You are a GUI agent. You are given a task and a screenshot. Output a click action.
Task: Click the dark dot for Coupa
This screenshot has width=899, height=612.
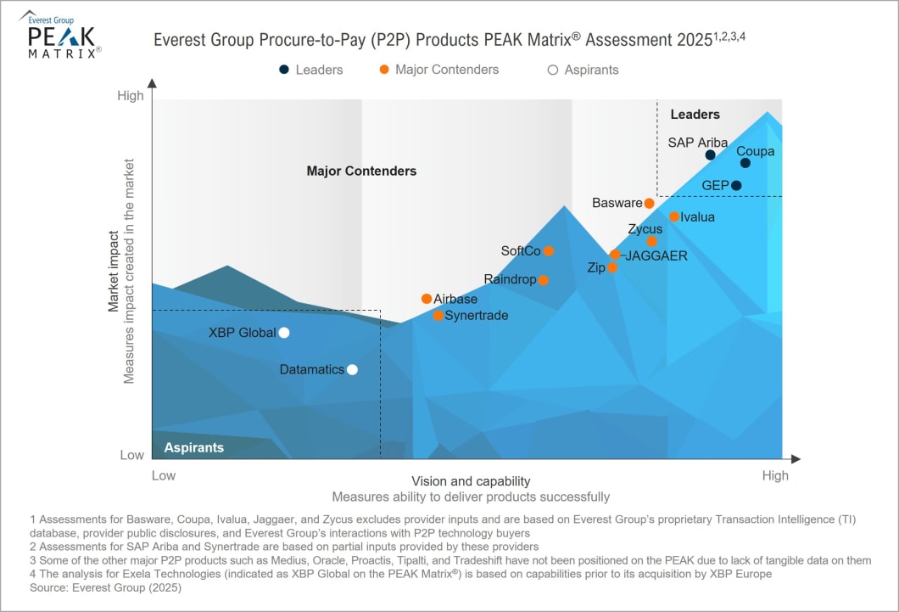point(745,163)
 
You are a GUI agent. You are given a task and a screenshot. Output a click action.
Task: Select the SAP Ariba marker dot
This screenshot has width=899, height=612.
point(711,154)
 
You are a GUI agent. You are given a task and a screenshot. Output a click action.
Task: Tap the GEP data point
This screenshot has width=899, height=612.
point(736,185)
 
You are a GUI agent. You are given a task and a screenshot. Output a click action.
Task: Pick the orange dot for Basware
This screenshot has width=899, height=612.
point(649,203)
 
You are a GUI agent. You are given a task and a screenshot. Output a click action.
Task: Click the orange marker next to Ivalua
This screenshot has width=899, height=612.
point(674,216)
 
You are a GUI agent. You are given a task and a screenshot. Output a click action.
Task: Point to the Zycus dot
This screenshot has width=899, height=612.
point(651,241)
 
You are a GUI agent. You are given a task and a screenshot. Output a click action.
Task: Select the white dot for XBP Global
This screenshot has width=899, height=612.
point(284,333)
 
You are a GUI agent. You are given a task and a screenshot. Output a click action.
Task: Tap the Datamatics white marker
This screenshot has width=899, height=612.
point(352,369)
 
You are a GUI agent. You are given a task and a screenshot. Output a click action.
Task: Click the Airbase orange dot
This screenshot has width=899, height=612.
point(427,299)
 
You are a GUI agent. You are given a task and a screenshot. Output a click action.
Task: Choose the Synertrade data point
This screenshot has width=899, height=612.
point(438,316)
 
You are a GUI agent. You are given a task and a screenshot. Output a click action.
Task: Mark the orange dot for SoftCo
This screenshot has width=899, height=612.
point(549,250)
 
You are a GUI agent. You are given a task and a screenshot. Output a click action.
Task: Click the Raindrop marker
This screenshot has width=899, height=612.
point(544,280)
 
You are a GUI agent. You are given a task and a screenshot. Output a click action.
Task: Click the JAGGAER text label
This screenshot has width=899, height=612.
point(656,255)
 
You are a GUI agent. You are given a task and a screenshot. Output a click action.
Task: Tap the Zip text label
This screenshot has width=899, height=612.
point(595,267)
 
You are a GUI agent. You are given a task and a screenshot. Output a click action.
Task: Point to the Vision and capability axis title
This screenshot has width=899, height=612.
point(471,480)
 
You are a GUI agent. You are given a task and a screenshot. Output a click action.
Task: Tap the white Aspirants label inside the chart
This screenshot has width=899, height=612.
point(194,447)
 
